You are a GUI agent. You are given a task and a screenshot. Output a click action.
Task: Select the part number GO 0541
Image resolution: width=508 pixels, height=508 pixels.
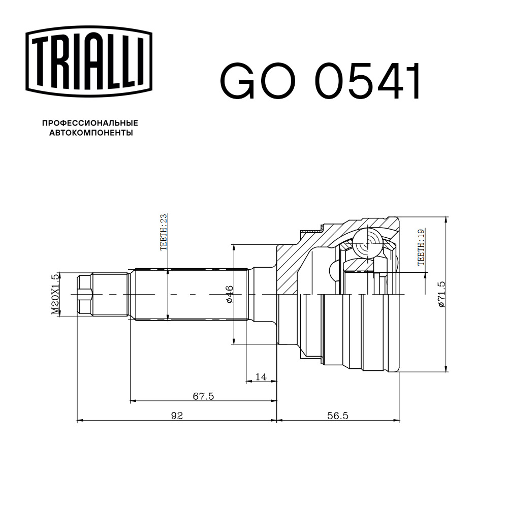[320, 82]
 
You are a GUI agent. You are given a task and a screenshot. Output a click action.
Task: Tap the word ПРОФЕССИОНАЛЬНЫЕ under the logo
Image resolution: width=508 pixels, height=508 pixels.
[90, 123]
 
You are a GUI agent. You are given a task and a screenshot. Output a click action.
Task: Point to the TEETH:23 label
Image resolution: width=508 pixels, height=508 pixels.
[164, 232]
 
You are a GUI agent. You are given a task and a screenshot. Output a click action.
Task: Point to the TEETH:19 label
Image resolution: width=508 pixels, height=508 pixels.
[421, 247]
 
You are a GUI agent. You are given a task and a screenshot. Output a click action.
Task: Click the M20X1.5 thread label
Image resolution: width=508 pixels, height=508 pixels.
[55, 294]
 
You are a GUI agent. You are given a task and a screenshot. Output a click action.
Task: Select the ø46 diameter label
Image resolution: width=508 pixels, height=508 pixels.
[229, 295]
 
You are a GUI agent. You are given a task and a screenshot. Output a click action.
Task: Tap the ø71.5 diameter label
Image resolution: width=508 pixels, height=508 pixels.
[441, 294]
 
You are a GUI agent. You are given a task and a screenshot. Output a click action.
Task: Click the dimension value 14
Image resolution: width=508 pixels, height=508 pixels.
[261, 376]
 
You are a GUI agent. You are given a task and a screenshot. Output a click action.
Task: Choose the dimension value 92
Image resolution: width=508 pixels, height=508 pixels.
[176, 416]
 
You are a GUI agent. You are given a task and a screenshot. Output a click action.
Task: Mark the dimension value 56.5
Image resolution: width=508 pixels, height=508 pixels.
[337, 416]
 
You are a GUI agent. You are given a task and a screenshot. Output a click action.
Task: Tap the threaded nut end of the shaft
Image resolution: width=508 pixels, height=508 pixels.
[84, 295]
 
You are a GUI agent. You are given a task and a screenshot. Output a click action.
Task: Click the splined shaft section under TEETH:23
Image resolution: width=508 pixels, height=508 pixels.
[188, 295]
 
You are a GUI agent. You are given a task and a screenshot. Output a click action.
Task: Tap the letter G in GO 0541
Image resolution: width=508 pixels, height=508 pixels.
[239, 82]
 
